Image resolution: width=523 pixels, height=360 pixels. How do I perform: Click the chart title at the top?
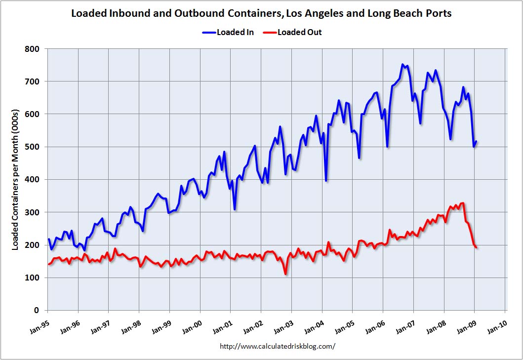point(261,13)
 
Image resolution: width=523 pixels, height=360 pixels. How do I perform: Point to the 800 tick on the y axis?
point(34,49)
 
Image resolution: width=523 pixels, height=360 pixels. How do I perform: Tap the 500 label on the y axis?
point(34,147)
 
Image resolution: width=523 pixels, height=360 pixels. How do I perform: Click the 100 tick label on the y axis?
point(34,278)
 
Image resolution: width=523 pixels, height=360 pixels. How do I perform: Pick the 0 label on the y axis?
point(38,310)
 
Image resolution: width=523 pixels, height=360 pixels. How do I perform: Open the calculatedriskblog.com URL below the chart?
point(277,346)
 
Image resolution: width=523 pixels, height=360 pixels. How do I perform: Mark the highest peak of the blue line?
point(402,65)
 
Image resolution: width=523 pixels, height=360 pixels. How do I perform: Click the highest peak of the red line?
point(462,203)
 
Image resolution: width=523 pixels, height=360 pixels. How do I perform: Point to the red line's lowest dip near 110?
point(285,274)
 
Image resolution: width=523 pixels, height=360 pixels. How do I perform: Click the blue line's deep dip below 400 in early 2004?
point(326,181)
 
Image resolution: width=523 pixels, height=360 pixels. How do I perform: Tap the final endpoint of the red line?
point(476,247)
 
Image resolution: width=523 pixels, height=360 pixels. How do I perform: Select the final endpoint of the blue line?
point(476,141)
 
